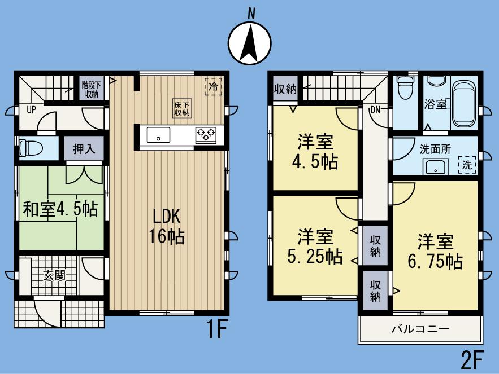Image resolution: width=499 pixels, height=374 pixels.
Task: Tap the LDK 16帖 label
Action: pos(166,226)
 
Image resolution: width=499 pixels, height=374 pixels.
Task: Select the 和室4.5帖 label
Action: pos(60,209)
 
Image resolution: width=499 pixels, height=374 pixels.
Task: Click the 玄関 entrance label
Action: pos(54,276)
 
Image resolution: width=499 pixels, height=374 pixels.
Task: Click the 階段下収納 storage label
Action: pos(91,89)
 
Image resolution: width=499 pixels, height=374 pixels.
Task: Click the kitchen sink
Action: pos(159,135)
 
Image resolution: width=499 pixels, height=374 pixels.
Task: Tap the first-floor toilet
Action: pos(31,148)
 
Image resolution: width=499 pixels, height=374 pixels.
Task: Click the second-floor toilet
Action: pos(404,89)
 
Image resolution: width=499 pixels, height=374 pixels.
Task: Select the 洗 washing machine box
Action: pos(467,165)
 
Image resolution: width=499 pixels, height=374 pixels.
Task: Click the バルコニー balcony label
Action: pos(420,328)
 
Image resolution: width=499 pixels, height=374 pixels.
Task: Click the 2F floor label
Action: pos(473,359)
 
